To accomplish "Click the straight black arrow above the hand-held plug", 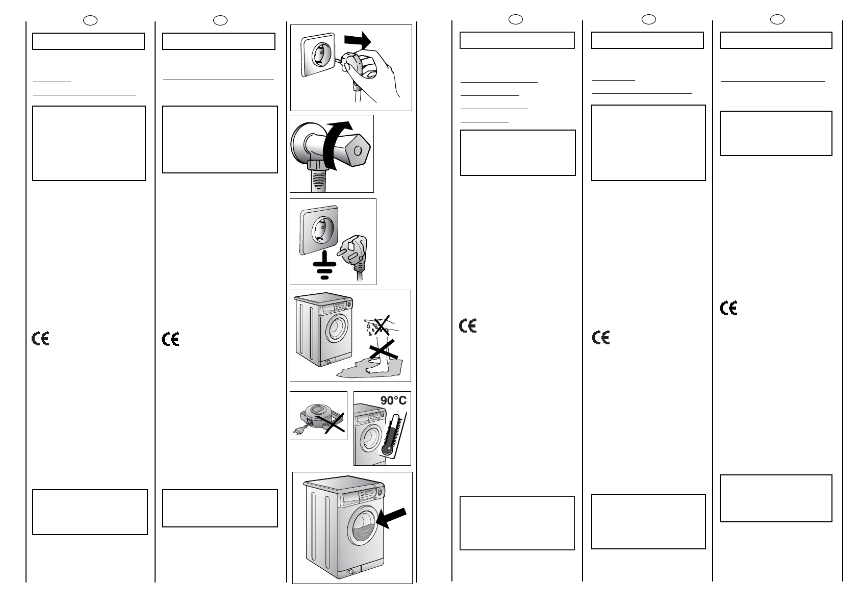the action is click(x=358, y=40).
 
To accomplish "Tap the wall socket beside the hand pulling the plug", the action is click(x=319, y=55).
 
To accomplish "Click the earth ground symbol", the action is click(x=324, y=265).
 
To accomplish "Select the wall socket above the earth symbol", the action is click(x=319, y=230).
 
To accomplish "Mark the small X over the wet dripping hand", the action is click(x=382, y=325).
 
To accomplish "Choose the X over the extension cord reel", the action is click(x=330, y=423).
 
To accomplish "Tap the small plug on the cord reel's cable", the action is click(x=297, y=432).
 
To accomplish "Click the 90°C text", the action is click(x=393, y=400).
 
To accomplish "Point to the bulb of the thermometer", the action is click(x=387, y=449).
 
